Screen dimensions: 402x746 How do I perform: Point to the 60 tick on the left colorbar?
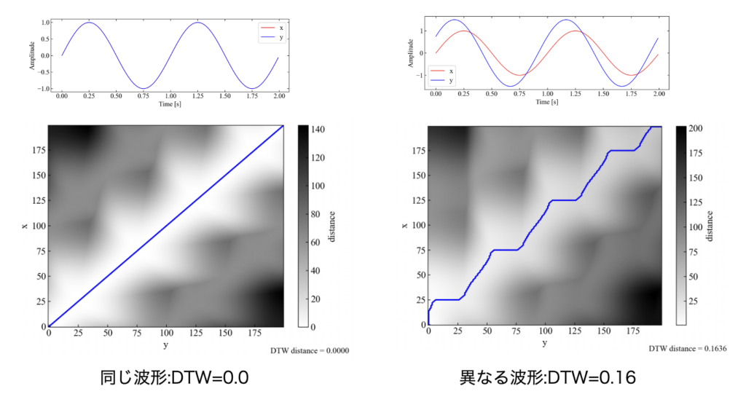pos(319,242)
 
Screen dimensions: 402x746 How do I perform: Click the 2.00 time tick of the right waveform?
pos(659,96)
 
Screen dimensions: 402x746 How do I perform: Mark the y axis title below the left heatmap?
pos(165,344)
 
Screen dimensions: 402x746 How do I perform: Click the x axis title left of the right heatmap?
pos(404,226)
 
